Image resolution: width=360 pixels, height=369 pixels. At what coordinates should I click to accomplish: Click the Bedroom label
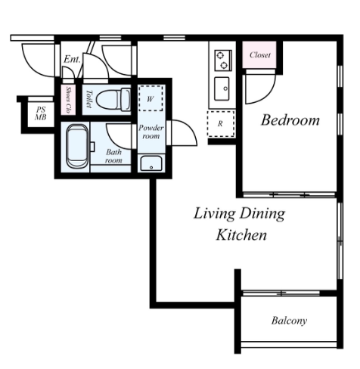click(x=290, y=120)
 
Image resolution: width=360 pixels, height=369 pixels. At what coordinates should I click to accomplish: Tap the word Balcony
click(x=289, y=321)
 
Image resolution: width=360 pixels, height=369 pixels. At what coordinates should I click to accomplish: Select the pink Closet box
click(x=259, y=54)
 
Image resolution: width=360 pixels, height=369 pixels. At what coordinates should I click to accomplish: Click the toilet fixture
click(x=113, y=99)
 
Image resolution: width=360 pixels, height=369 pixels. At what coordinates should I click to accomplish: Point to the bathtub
click(x=77, y=147)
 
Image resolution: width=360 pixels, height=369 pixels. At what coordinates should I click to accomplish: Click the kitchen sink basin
click(x=222, y=88)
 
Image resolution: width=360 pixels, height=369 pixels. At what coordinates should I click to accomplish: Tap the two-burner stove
click(x=223, y=60)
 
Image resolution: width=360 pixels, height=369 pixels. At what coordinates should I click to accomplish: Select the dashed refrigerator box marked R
click(x=221, y=123)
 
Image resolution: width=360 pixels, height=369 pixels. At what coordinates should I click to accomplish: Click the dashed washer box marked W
click(x=151, y=98)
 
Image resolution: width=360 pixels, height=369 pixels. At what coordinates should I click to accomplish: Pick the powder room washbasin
click(x=151, y=163)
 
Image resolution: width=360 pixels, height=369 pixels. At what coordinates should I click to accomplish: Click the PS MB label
click(x=41, y=113)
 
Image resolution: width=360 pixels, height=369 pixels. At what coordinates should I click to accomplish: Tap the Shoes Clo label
click(x=68, y=99)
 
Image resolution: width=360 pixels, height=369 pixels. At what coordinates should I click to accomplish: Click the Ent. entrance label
click(x=72, y=60)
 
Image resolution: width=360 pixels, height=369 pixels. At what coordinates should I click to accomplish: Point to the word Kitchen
click(x=241, y=235)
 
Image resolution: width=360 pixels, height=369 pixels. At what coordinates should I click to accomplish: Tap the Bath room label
click(x=113, y=156)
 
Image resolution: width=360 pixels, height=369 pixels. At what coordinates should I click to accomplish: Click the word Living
click(x=215, y=214)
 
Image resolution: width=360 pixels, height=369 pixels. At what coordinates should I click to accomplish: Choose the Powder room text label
click(x=151, y=132)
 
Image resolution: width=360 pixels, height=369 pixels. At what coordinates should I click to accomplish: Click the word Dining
click(x=262, y=214)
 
